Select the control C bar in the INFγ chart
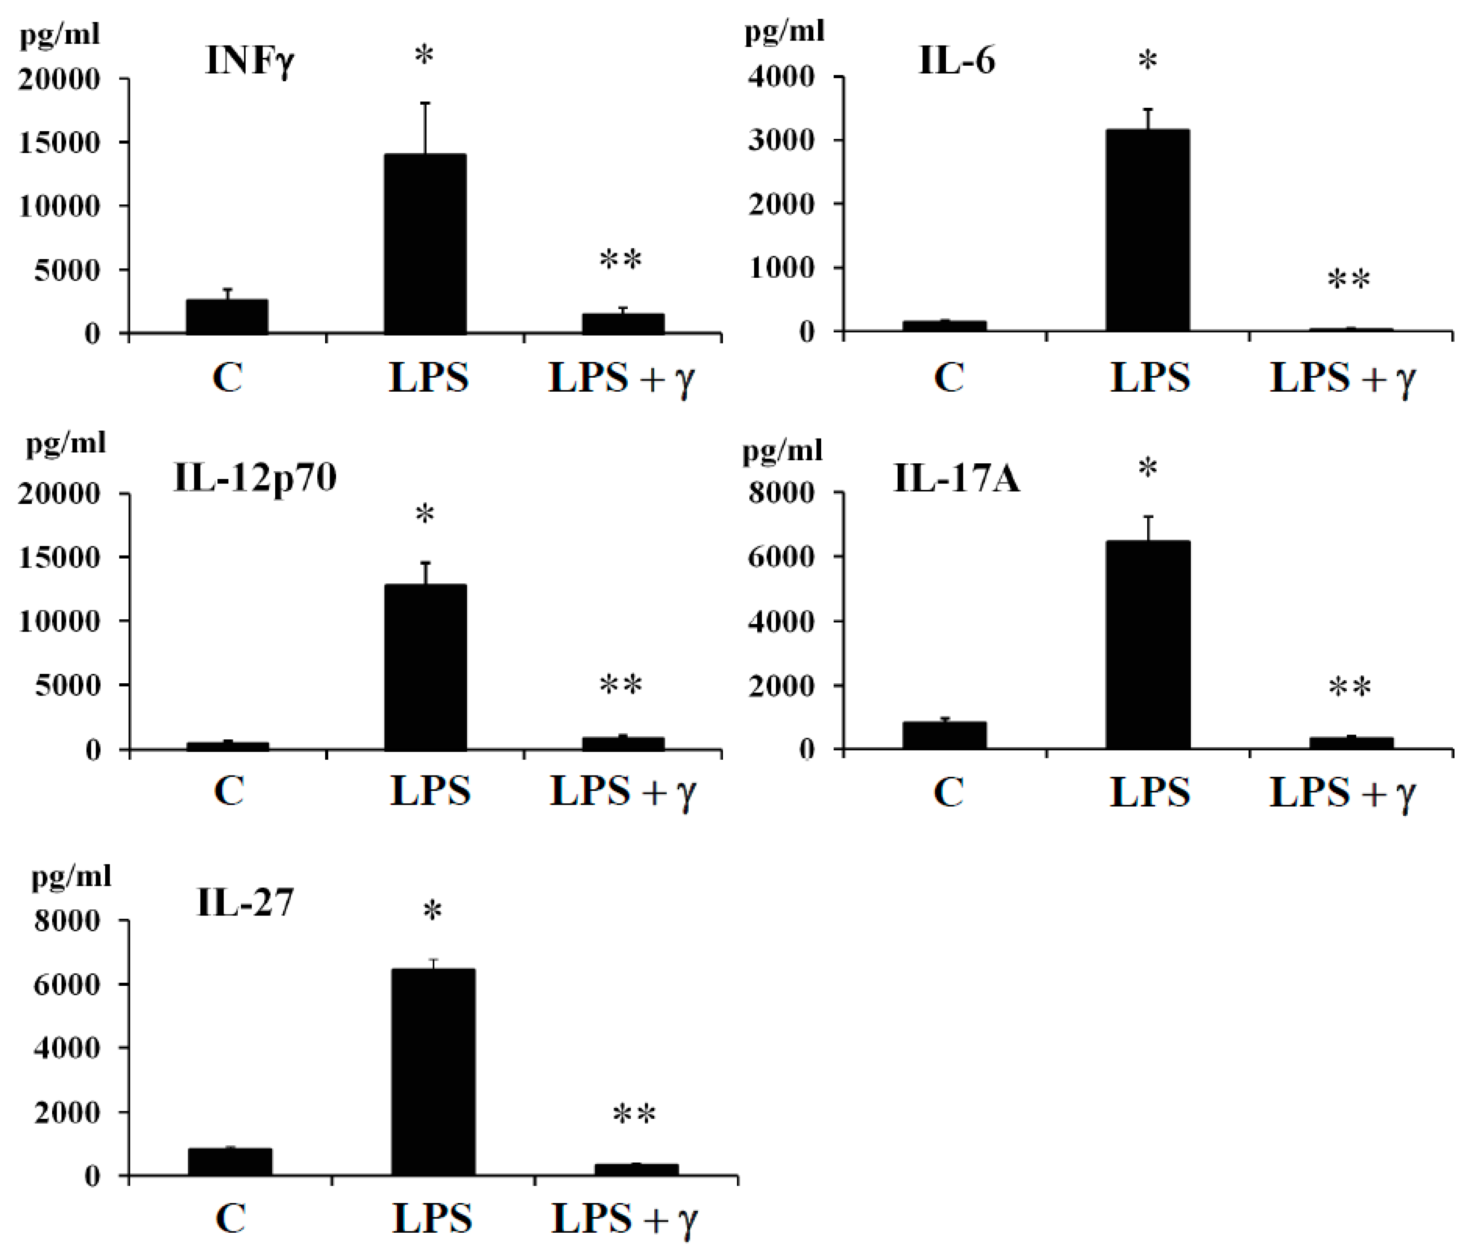click(x=227, y=316)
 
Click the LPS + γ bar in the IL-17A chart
click(x=1351, y=743)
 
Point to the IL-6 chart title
click(x=957, y=60)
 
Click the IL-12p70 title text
click(x=254, y=477)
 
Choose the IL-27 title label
click(x=245, y=903)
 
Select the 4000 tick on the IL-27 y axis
click(x=67, y=1048)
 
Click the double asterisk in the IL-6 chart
click(x=1348, y=280)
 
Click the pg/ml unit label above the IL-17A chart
click(x=782, y=451)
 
